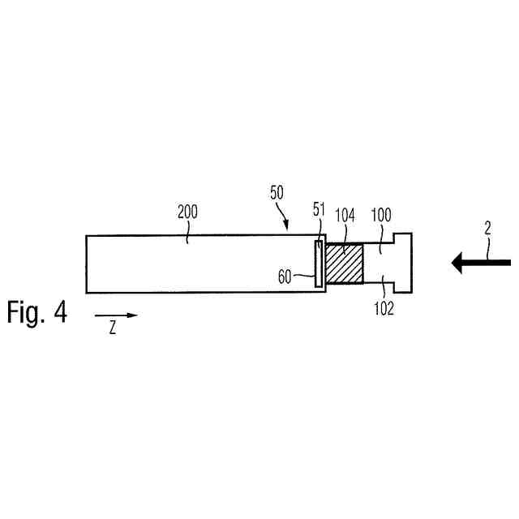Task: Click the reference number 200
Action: click(187, 213)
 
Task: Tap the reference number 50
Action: click(277, 192)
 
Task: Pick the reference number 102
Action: click(384, 309)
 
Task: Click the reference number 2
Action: click(487, 229)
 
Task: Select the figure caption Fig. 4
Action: click(37, 312)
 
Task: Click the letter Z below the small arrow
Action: click(113, 329)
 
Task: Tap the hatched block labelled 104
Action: click(345, 264)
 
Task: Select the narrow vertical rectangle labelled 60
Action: click(319, 264)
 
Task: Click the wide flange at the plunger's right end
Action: click(402, 263)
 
